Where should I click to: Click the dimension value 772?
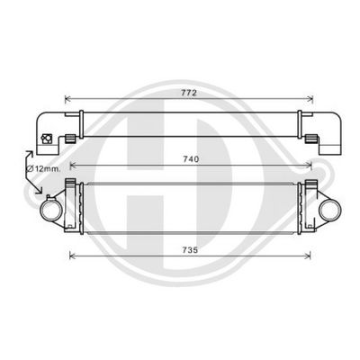pyautogui.click(x=189, y=92)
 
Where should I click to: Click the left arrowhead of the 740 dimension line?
pyautogui.click(x=73, y=166)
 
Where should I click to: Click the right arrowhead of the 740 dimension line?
pyautogui.click(x=309, y=166)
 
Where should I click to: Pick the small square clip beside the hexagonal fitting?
pyautogui.click(x=68, y=139)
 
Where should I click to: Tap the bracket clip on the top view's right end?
pyautogui.click(x=310, y=139)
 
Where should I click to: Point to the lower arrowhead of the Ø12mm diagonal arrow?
pyautogui.click(x=40, y=191)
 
